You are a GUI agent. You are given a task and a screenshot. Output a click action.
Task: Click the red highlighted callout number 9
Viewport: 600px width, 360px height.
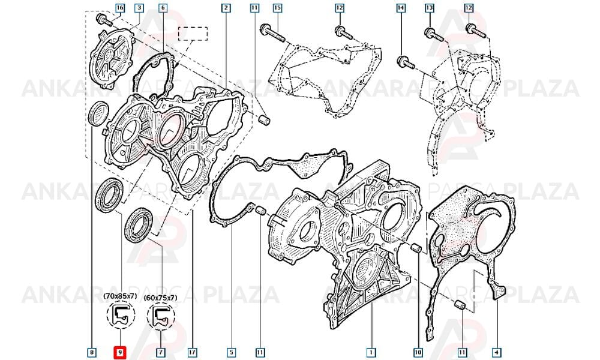pos(120,352)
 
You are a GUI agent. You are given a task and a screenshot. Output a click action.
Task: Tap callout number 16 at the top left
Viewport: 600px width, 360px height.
pos(120,8)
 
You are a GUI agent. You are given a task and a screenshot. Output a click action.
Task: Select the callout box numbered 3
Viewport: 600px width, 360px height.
pos(139,8)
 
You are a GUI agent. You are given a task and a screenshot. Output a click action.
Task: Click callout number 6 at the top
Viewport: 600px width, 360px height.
pos(163,8)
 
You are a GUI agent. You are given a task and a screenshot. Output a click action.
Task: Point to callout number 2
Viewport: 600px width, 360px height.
pos(226,8)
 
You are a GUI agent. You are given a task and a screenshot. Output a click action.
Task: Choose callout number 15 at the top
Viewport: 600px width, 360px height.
pos(277,8)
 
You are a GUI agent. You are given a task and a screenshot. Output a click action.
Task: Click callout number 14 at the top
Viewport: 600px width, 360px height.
pos(401,8)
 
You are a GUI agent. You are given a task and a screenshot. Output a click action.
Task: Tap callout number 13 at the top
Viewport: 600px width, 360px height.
pos(430,8)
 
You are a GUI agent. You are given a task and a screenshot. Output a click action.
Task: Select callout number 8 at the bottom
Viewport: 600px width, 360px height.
pos(91,352)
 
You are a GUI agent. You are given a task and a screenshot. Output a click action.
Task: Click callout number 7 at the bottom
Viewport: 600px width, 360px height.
pos(161,352)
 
